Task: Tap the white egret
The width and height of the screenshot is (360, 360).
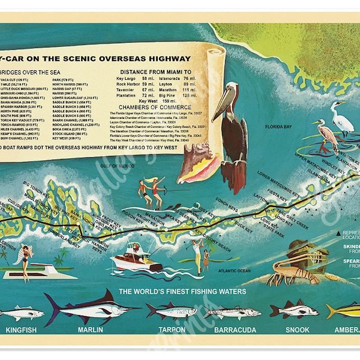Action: [343, 121]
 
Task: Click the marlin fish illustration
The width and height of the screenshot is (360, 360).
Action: [90, 308]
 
